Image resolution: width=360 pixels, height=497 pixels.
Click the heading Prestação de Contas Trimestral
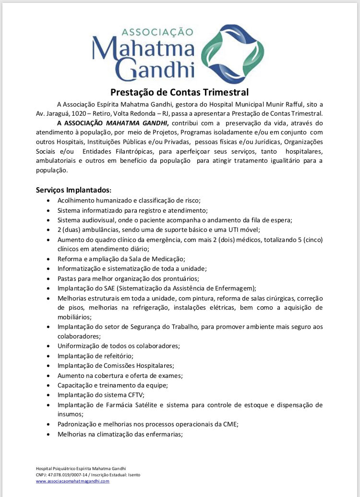coord(180,92)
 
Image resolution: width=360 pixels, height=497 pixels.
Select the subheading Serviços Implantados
coord(73,190)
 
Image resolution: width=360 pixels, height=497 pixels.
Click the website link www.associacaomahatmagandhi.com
coord(72,481)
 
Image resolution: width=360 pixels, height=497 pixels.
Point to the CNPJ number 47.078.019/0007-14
coord(67,474)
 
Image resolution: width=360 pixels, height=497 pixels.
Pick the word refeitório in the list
coord(115,356)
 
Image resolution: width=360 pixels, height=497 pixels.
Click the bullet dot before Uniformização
coord(48,346)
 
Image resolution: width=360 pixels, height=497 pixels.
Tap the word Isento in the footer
coord(133,474)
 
